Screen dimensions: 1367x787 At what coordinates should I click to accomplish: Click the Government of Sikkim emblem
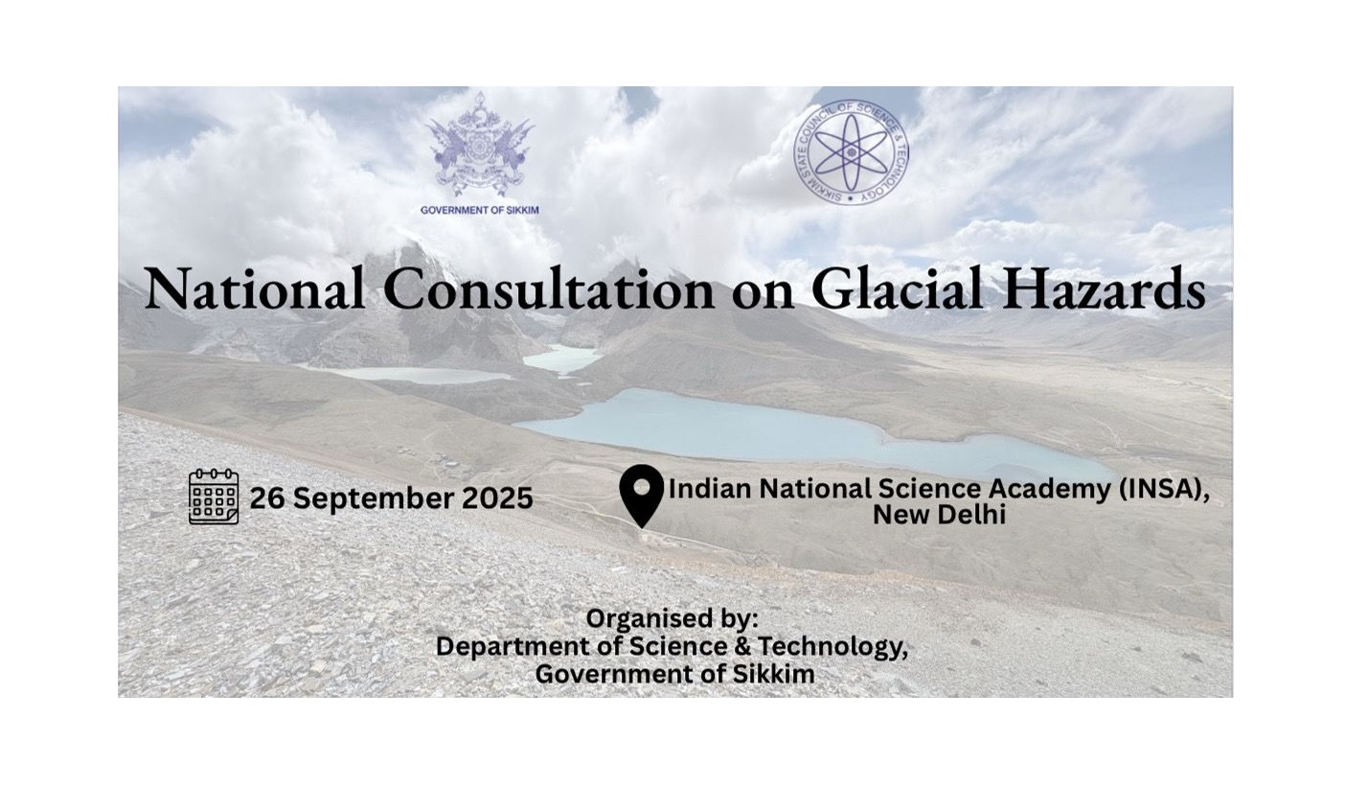480,145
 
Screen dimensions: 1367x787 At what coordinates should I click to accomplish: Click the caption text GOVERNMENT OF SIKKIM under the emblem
480,210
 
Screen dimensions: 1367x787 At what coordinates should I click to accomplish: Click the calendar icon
214,497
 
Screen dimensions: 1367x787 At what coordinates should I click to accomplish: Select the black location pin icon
642,496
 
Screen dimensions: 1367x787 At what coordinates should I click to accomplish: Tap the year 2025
497,498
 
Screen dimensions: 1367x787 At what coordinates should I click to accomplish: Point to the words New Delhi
939,516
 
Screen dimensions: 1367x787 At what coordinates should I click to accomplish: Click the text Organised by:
672,618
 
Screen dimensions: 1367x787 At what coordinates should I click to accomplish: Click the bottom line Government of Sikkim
674,674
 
